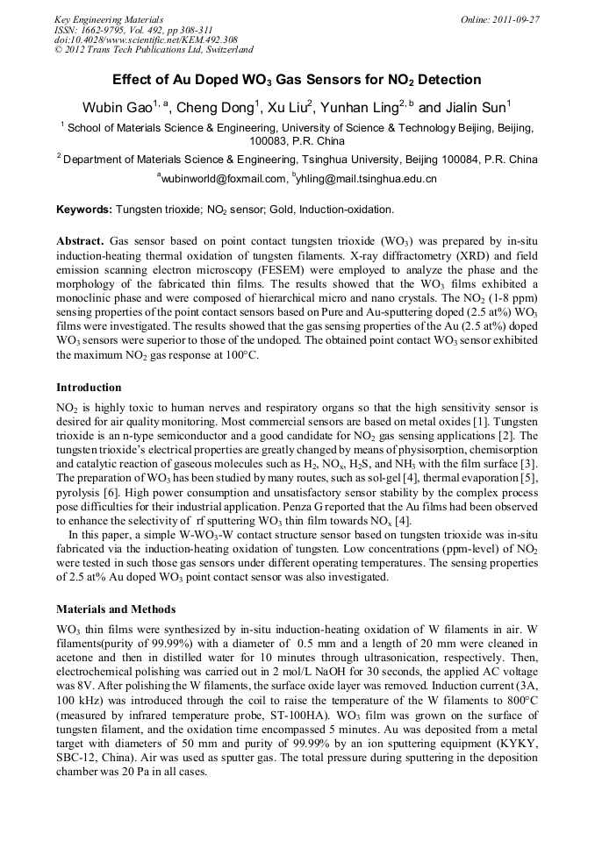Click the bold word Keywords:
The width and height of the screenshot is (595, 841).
[x=84, y=210]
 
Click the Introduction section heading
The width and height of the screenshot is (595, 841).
[x=89, y=387]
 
